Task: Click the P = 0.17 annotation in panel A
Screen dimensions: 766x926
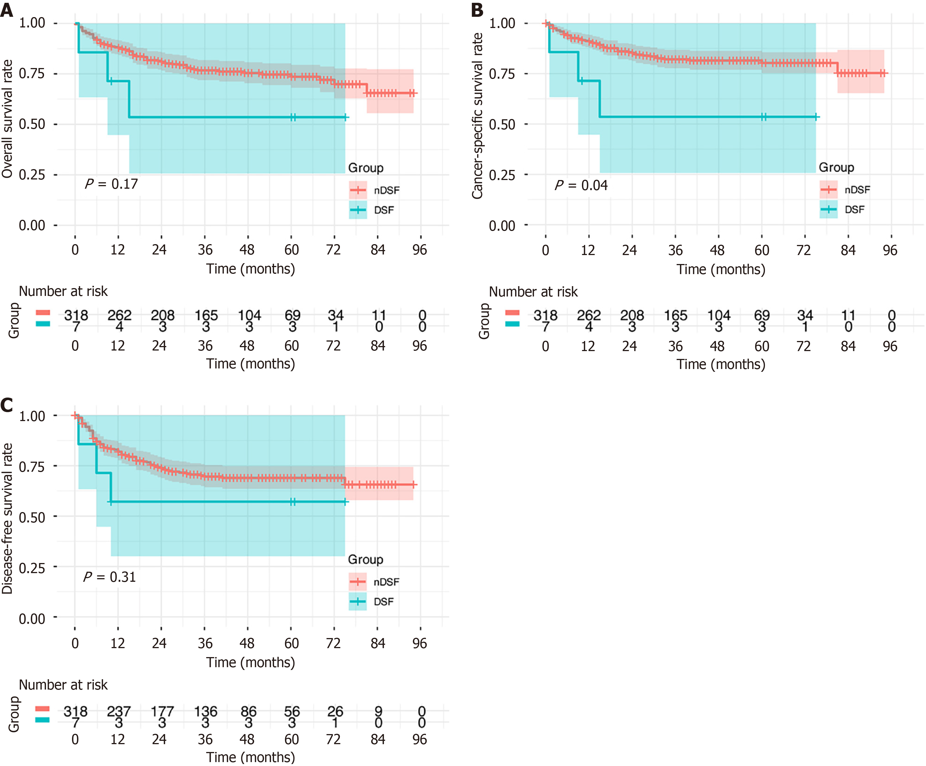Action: (x=111, y=184)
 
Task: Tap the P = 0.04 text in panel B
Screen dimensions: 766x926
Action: (x=581, y=185)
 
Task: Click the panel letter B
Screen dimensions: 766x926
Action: (x=477, y=10)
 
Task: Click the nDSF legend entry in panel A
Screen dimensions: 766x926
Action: (x=387, y=190)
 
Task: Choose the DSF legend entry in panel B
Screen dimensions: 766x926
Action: (x=854, y=210)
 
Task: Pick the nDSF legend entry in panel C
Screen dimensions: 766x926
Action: (x=386, y=582)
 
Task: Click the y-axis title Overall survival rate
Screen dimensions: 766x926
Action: (x=7, y=119)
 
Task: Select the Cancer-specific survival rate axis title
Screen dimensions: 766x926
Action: (x=477, y=115)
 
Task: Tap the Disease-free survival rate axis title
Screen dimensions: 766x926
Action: (x=7, y=518)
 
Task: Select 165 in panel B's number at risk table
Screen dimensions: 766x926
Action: (x=676, y=315)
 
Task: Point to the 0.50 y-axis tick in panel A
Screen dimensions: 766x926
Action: (x=32, y=124)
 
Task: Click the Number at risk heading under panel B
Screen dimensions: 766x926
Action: (x=533, y=292)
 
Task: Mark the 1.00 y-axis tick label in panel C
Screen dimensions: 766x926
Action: (x=32, y=416)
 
